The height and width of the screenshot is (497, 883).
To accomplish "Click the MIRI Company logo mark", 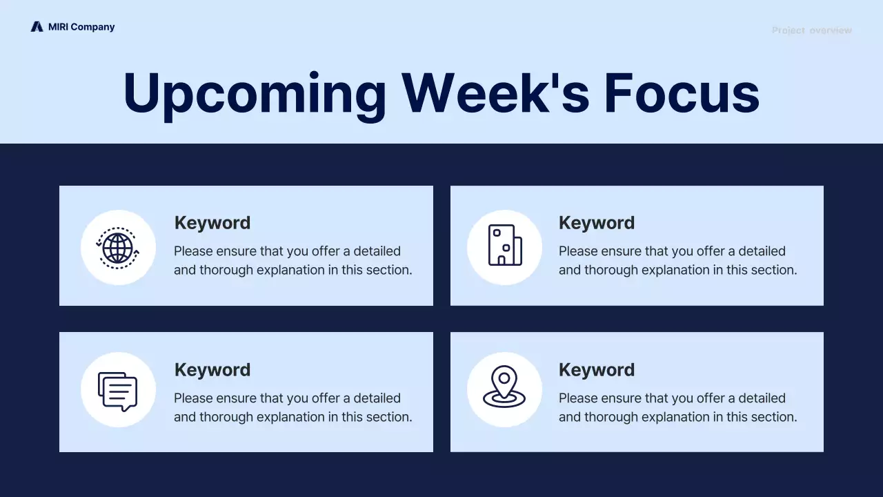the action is (37, 26).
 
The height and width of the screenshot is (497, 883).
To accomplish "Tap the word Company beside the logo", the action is (92, 27).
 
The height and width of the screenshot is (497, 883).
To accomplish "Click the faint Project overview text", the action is (812, 30).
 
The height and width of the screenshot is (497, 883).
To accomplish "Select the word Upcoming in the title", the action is (255, 96).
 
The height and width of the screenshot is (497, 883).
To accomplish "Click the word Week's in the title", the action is (495, 92).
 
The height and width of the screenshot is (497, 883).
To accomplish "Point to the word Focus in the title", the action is (682, 92).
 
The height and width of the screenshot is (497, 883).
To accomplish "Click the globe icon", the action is (118, 248).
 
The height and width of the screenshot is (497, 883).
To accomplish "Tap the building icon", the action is (505, 245).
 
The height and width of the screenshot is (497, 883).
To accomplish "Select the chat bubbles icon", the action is (118, 391).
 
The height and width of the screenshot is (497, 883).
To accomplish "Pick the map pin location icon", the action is (504, 387).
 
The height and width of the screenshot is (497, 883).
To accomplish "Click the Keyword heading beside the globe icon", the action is (212, 223).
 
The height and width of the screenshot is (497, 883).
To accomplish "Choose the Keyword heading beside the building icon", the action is (597, 223).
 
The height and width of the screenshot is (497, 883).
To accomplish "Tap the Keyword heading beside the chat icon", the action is (212, 370).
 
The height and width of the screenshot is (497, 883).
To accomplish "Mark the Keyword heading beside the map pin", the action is (597, 370).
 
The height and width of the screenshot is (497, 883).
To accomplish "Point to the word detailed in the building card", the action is (762, 251).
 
